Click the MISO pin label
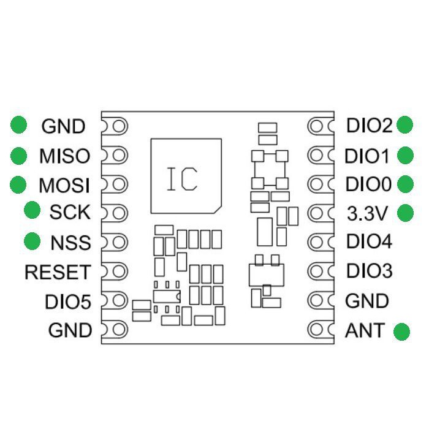coord(64,156)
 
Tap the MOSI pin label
coord(64,184)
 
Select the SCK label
coord(70,213)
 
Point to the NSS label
coord(70,243)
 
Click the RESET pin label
coord(58,272)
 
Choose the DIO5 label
coord(67,302)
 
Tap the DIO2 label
coord(369,126)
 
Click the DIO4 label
coord(369,241)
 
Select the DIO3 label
coord(369,270)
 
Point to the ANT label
coord(365,330)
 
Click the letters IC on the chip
coord(182,178)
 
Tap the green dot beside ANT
coord(401,332)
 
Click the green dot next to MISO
coord(19,156)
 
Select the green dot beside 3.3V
coord(405,213)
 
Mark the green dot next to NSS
coord(32,241)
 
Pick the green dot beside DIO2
coord(405,125)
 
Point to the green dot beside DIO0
coord(405,184)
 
